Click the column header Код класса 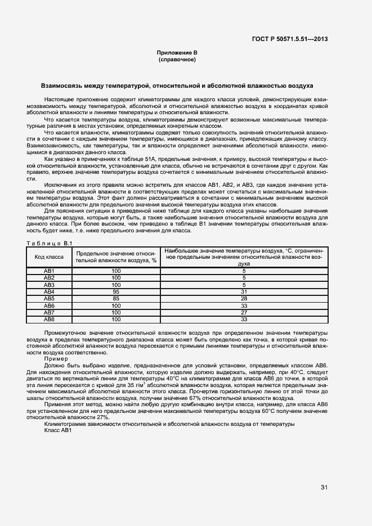[x=50, y=257]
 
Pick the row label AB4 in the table [x=50, y=291]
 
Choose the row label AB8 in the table [x=50, y=320]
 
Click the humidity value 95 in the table [x=116, y=291]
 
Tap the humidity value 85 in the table [x=116, y=299]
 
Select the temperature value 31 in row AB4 [x=244, y=291]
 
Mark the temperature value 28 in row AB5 [x=244, y=299]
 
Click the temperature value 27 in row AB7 [x=244, y=313]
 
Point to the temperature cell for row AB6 [x=244, y=305]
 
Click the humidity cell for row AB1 [x=116, y=271]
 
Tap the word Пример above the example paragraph [x=56, y=358]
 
